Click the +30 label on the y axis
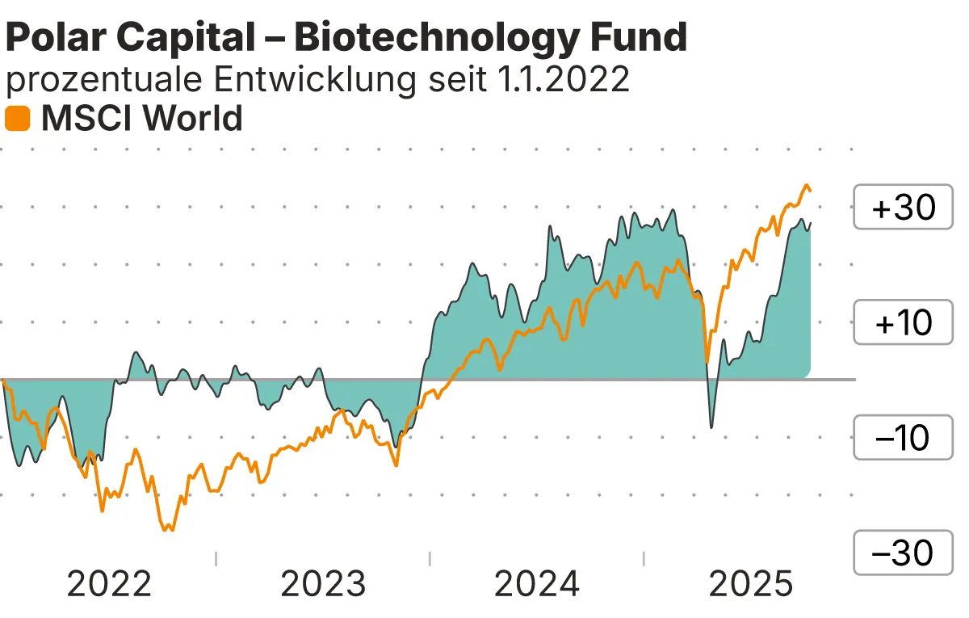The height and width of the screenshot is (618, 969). point(904,208)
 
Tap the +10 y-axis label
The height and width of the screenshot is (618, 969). point(904,323)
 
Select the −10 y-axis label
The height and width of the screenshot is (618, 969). point(904,439)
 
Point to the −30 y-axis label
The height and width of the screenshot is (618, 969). point(904,553)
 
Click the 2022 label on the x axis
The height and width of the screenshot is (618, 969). point(109,584)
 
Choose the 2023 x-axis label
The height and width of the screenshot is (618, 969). point(323,584)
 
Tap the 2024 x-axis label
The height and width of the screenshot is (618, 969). point(537,584)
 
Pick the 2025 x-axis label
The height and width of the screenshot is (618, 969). point(751,584)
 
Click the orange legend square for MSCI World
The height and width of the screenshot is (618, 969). point(18,119)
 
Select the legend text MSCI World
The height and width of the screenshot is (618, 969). point(142,119)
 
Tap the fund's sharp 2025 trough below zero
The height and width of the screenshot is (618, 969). point(711,427)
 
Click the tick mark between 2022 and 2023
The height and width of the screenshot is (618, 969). point(216,558)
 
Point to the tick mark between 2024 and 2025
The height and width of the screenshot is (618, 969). point(644,558)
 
